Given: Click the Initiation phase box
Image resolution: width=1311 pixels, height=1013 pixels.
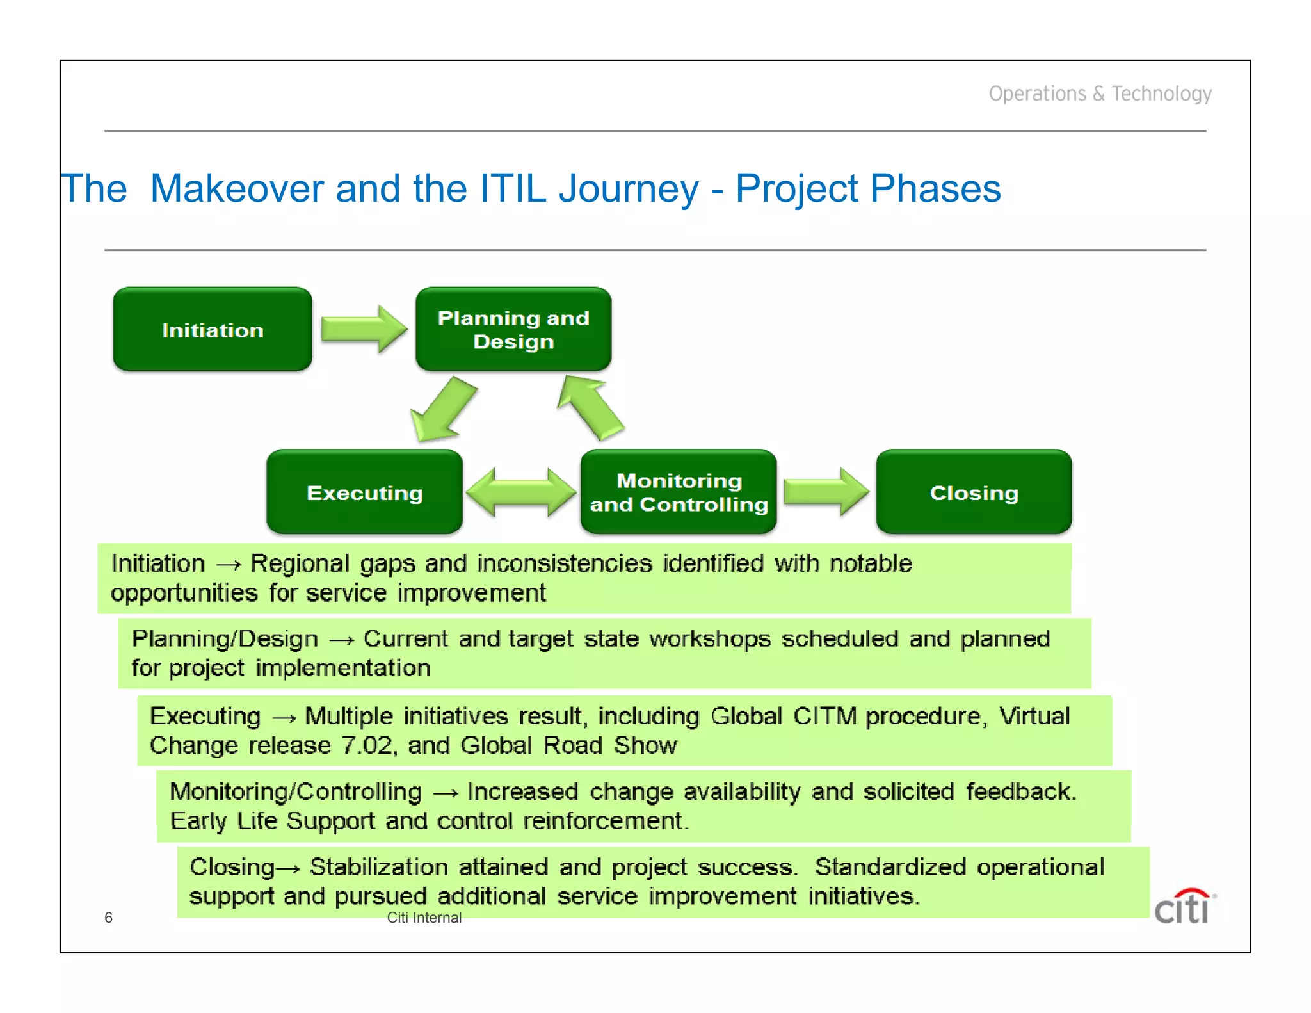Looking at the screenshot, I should [x=213, y=329].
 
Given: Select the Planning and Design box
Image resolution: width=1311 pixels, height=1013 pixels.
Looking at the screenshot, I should [x=513, y=329].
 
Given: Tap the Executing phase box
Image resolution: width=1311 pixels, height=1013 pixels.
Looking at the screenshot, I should [x=364, y=492].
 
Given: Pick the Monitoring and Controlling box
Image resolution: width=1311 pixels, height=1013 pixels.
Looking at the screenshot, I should [x=679, y=492].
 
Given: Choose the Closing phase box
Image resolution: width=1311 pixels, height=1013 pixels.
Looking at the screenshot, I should [x=974, y=492].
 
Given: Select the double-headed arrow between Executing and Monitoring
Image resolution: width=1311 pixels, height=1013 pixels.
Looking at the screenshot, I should [x=521, y=492].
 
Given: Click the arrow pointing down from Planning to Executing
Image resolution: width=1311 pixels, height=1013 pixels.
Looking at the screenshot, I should [x=443, y=410].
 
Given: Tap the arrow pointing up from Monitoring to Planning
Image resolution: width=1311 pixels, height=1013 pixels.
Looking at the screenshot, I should [x=590, y=407].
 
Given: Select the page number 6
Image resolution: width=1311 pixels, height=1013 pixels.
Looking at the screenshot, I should [x=108, y=918].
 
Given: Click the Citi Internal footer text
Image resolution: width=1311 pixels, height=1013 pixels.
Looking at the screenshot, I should [x=424, y=918].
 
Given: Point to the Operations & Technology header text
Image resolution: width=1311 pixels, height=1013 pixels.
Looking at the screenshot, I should [x=1100, y=93].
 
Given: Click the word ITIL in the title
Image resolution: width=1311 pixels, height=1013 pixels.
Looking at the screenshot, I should [x=512, y=189].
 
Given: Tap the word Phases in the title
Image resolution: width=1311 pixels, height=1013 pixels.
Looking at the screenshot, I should [x=935, y=189].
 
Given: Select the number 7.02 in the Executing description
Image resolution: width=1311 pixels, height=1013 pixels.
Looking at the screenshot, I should [x=366, y=745].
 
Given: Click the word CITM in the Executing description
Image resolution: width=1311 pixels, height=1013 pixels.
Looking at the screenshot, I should [x=824, y=716].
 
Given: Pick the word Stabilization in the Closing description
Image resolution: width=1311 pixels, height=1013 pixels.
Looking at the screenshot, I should [x=378, y=867].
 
